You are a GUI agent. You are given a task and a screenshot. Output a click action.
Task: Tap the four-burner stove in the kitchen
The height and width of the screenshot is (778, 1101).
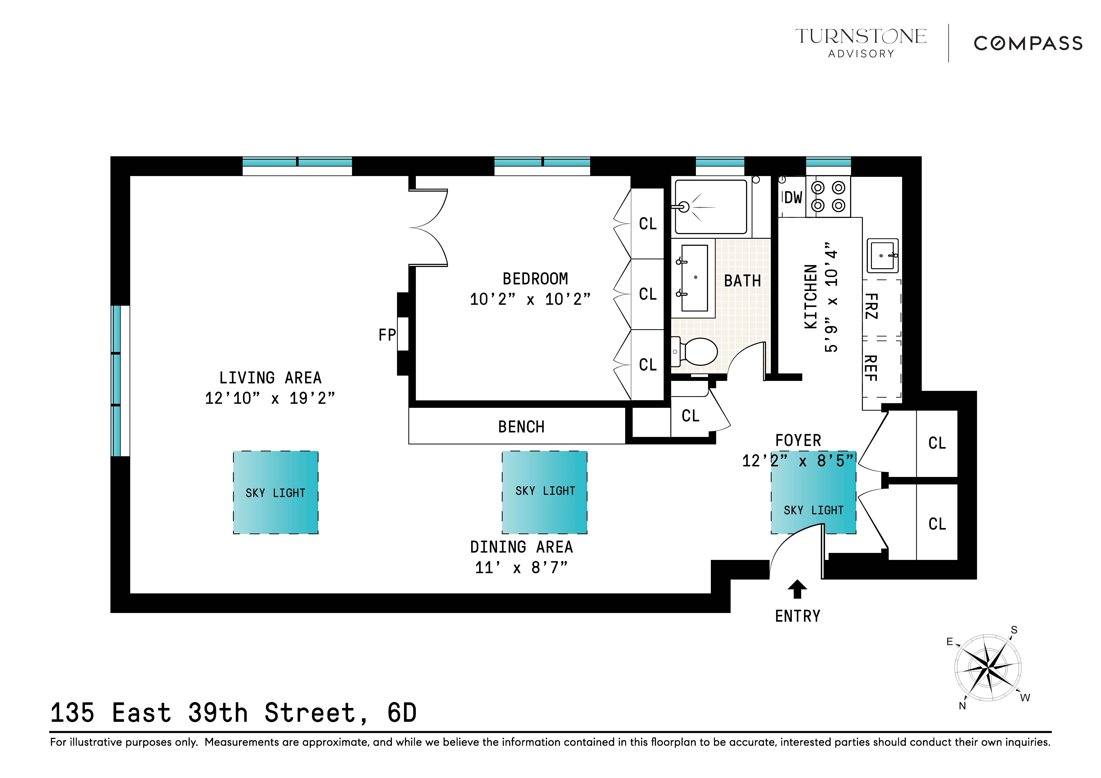pyautogui.click(x=828, y=197)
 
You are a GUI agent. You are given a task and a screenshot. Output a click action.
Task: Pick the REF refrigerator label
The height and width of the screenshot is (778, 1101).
pyautogui.click(x=871, y=368)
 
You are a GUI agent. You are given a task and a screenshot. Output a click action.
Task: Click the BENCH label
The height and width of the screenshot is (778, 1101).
pyautogui.click(x=521, y=427)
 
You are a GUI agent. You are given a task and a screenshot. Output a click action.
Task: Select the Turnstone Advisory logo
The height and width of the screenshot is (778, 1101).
pyautogui.click(x=861, y=42)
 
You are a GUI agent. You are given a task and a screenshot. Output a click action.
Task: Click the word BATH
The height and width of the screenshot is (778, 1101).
pyautogui.click(x=742, y=281)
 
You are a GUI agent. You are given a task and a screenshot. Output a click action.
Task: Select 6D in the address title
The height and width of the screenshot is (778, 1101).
pyautogui.click(x=402, y=713)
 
